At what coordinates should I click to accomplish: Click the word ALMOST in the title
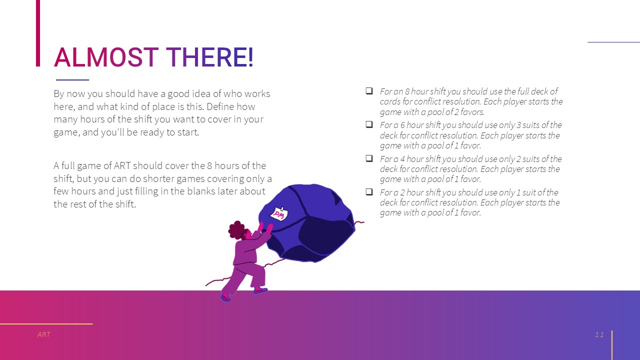[x=106, y=57]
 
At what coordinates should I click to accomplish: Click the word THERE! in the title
[x=209, y=57]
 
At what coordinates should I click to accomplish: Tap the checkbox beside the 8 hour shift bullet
[x=369, y=91]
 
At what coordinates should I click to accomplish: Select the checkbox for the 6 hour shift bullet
[x=369, y=124]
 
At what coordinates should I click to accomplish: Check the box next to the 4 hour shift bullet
[x=369, y=158]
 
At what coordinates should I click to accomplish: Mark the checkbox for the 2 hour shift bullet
[x=369, y=191]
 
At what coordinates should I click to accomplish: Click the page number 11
[x=599, y=334]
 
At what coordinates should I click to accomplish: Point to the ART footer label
[x=43, y=334]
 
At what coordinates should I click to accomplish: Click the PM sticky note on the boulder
[x=279, y=213]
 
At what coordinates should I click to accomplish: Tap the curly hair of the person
[x=236, y=229]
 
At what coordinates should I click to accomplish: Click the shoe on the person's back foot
[x=225, y=297]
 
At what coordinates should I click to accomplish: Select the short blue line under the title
[x=72, y=79]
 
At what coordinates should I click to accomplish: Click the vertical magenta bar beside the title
[x=38, y=33]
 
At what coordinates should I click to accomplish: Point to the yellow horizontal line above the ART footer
[x=46, y=323]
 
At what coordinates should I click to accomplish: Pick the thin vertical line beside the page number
[x=611, y=345]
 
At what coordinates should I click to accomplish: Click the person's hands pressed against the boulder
[x=265, y=228]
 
